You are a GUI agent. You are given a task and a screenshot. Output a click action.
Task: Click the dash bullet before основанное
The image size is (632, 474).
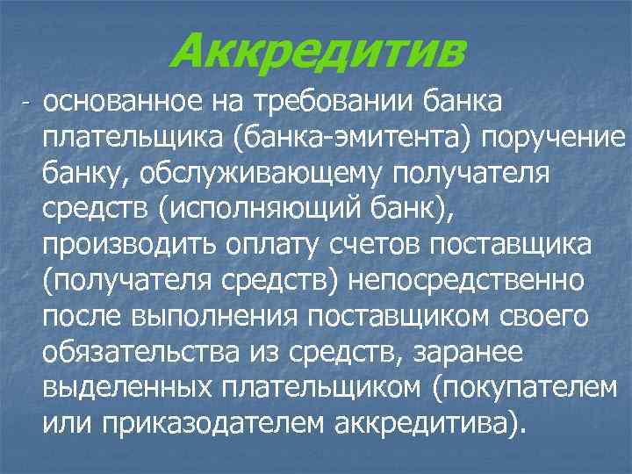click(x=27, y=103)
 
